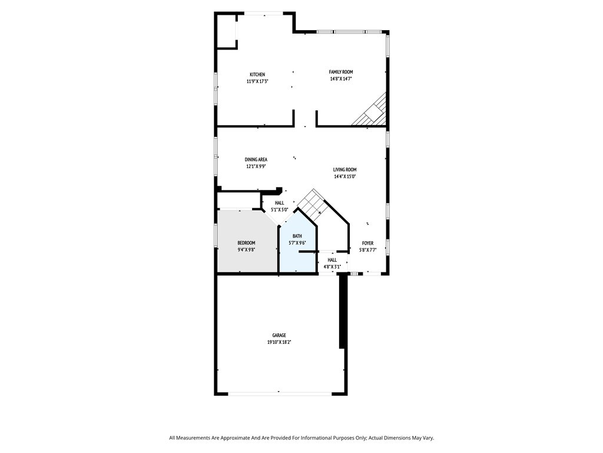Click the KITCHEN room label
pos(257,74)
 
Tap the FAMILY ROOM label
pos(341,71)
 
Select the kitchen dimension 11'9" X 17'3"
pos(257,81)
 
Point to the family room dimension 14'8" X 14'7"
pos(341,78)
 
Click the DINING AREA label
pos(256,159)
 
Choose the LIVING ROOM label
pos(345,169)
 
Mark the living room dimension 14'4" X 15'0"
pos(345,176)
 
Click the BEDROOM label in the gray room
pos(246,242)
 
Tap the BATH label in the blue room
pos(297,236)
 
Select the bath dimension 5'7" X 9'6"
pos(297,242)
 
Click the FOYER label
pos(367,243)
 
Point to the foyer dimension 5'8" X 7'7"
pos(367,250)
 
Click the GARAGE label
pos(279,335)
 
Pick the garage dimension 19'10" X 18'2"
pos(279,342)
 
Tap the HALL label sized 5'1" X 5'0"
pos(280,203)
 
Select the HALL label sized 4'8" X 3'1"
pos(332,260)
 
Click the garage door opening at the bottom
pos(280,393)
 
